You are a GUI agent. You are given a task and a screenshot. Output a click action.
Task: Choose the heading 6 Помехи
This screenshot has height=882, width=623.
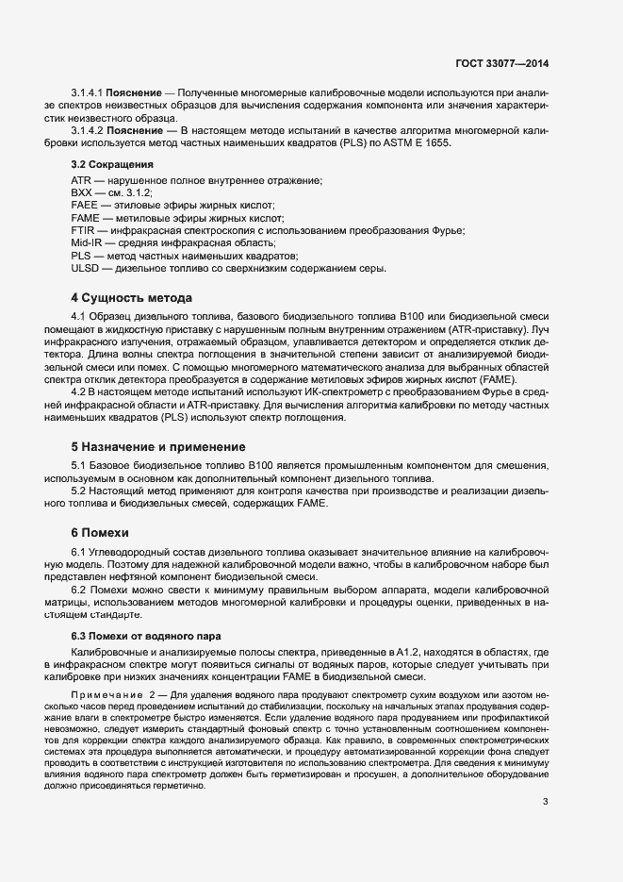click(x=103, y=532)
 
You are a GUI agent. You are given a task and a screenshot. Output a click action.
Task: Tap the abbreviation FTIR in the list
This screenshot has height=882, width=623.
click(x=83, y=230)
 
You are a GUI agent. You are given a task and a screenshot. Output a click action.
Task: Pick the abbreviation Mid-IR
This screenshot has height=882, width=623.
click(x=87, y=243)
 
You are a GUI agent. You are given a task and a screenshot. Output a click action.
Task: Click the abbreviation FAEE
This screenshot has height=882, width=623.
click(x=84, y=205)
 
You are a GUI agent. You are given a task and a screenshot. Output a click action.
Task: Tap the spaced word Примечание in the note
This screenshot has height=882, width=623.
click(x=106, y=695)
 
